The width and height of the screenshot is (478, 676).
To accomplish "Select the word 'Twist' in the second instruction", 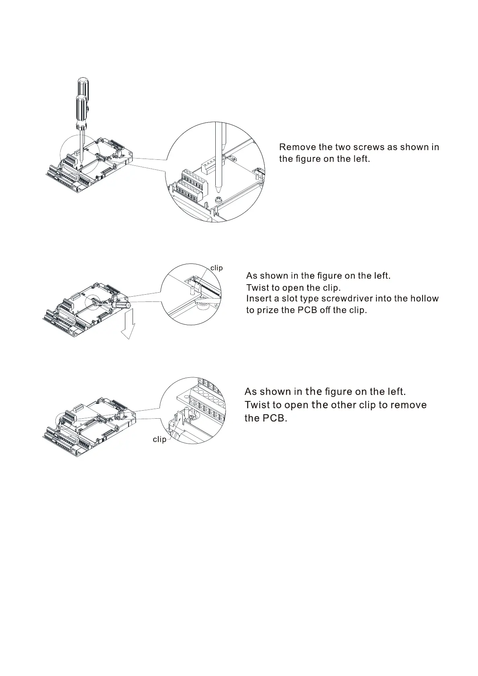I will tap(257, 288).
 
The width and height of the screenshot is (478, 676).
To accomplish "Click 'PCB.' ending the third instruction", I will tap(275, 418).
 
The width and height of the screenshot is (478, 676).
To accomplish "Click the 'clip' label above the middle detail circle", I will tap(217, 268).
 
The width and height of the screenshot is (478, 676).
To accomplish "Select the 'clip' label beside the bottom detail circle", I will tap(159, 440).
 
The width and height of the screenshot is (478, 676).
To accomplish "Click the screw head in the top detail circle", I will tap(220, 199).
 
